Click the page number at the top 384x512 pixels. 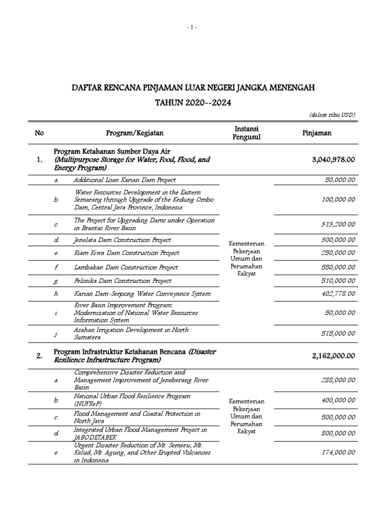click(x=192, y=27)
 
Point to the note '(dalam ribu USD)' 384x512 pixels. click(x=332, y=115)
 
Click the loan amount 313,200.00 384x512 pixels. click(x=338, y=225)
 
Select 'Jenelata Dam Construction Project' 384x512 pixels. click(x=122, y=240)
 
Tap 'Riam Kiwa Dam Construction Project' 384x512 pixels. click(x=126, y=253)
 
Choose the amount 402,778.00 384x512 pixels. click(x=338, y=294)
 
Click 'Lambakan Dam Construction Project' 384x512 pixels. click(x=125, y=267)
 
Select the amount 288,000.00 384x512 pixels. click(x=338, y=380)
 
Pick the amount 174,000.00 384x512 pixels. click(x=338, y=452)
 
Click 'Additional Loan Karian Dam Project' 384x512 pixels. click(x=124, y=179)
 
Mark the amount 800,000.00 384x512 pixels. click(x=338, y=433)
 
